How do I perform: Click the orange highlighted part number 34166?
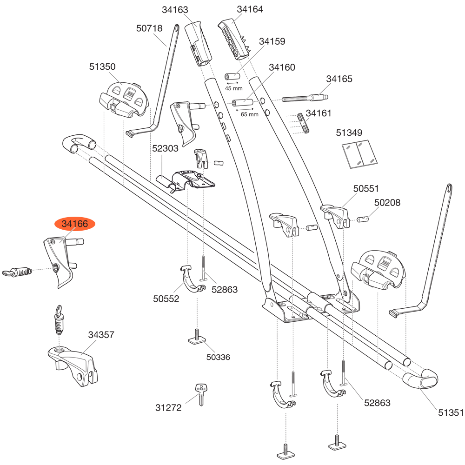75,224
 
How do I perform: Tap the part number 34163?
175,9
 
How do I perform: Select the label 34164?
250,9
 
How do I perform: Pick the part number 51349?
349,133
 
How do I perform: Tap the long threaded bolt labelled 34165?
305,98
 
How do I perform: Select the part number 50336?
218,357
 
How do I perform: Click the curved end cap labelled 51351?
421,380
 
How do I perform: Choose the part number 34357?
101,335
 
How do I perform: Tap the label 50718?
149,28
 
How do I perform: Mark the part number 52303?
165,149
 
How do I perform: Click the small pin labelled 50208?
363,218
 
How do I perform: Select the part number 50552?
166,299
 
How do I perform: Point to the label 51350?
102,67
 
